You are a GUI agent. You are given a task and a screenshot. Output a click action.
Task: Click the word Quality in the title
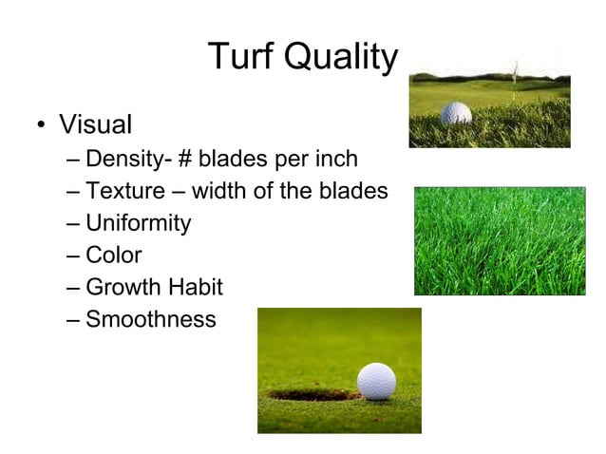tap(341, 59)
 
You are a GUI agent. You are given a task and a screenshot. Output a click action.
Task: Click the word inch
tap(337, 158)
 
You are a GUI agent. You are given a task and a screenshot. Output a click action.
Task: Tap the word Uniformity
tap(139, 224)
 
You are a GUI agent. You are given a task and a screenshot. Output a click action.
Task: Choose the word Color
tap(114, 255)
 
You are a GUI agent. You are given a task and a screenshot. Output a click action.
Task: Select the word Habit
tap(198, 287)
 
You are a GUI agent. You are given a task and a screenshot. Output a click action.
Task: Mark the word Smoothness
tap(151, 319)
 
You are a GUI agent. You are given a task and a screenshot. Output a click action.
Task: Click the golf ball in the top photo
tap(456, 114)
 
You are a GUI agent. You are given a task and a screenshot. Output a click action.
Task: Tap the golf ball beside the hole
tap(376, 381)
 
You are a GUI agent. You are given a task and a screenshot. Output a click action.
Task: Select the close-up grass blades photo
tap(499, 240)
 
